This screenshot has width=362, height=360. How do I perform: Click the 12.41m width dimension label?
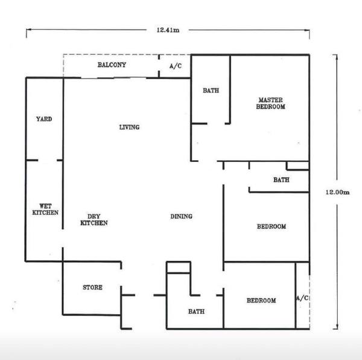[x=168, y=30]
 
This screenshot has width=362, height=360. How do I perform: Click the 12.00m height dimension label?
[x=337, y=192]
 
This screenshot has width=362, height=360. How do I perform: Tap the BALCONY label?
[x=112, y=65]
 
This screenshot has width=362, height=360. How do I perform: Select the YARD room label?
[x=44, y=119]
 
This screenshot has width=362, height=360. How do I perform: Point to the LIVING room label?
[x=129, y=127]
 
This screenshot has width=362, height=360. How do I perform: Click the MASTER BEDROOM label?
[x=270, y=103]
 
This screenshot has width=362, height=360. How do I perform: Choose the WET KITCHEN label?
[x=45, y=210]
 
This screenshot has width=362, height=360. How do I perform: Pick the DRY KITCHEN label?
[x=94, y=220]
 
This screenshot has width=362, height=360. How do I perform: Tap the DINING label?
[x=181, y=216]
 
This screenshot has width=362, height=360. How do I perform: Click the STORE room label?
[x=92, y=288]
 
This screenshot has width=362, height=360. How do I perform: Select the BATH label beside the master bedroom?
[x=211, y=91]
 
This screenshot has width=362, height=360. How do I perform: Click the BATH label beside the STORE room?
[x=196, y=312]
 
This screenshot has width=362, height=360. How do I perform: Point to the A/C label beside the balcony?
[x=176, y=66]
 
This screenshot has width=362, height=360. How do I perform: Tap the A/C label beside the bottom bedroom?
[x=302, y=298]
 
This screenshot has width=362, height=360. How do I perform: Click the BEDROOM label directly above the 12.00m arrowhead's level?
[x=261, y=300]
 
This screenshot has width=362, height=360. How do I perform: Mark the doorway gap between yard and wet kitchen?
[x=48, y=160]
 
